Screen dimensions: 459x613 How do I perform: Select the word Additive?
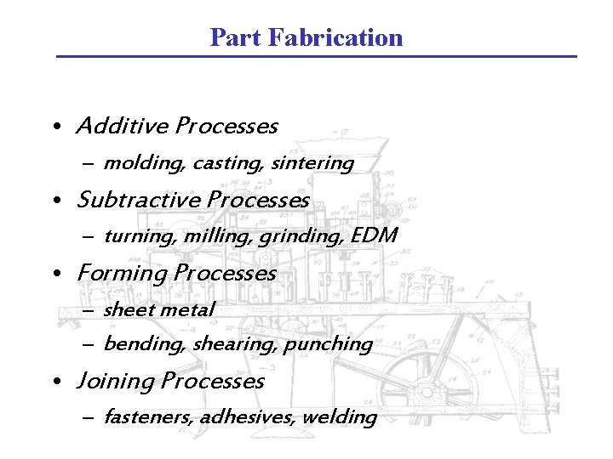123,127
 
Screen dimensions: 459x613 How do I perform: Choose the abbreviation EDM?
374,235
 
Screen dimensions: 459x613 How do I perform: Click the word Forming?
121,274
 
